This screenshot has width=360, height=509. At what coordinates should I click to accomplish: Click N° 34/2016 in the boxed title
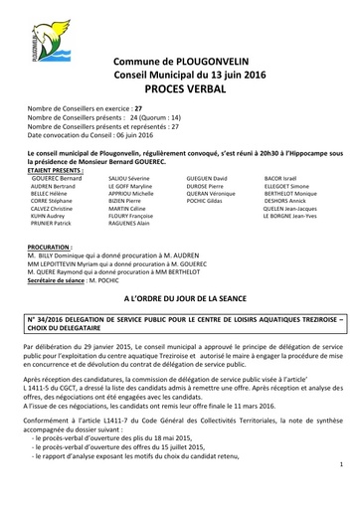click(x=54, y=321)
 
